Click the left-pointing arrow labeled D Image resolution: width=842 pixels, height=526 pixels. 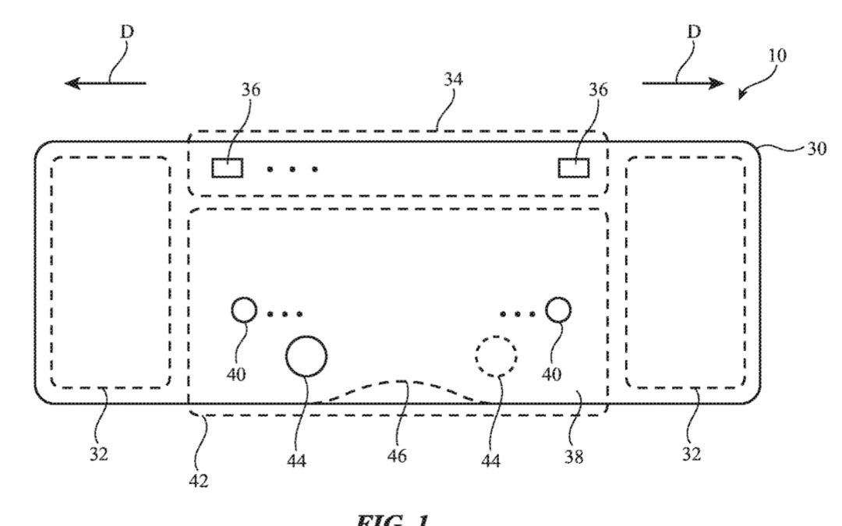[x=105, y=83]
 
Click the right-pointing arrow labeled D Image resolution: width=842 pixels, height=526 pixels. [x=683, y=83]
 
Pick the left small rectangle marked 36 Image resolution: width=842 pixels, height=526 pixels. [x=227, y=168]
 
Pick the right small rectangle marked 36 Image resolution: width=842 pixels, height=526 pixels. [x=575, y=168]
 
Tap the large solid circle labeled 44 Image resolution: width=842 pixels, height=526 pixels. [x=306, y=356]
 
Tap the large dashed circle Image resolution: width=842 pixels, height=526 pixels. [x=497, y=357]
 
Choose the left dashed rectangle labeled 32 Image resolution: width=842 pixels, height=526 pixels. [x=109, y=272]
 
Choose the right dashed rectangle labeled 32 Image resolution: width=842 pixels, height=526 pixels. [x=685, y=272]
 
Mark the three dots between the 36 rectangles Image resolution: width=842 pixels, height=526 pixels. [x=292, y=168]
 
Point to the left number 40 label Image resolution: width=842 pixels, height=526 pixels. [x=238, y=375]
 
